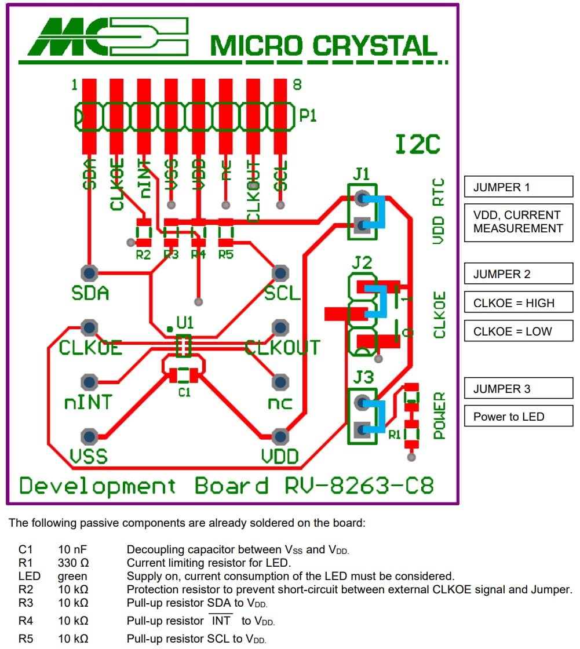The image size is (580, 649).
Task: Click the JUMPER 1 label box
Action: click(518, 188)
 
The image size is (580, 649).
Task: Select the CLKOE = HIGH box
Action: click(518, 302)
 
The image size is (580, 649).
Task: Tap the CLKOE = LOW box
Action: click(518, 331)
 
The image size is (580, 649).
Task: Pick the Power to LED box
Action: click(518, 416)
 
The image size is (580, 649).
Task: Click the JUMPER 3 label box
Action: click(518, 389)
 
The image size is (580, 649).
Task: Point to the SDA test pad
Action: click(89, 273)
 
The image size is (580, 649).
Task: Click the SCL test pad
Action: click(280, 273)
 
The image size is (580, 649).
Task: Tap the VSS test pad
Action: click(89, 436)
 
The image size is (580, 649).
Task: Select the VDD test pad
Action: click(280, 436)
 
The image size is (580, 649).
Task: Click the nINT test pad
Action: click(89, 382)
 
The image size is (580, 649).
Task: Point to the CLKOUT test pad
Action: click(280, 328)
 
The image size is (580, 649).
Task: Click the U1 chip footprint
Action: click(183, 347)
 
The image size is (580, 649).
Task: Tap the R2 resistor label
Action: click(143, 254)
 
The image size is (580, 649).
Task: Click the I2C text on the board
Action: click(417, 145)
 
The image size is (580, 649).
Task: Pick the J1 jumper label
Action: click(361, 174)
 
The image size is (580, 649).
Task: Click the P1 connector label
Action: click(308, 116)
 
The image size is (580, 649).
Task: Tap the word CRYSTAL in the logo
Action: click(374, 46)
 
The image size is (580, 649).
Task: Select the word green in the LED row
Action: click(72, 577)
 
